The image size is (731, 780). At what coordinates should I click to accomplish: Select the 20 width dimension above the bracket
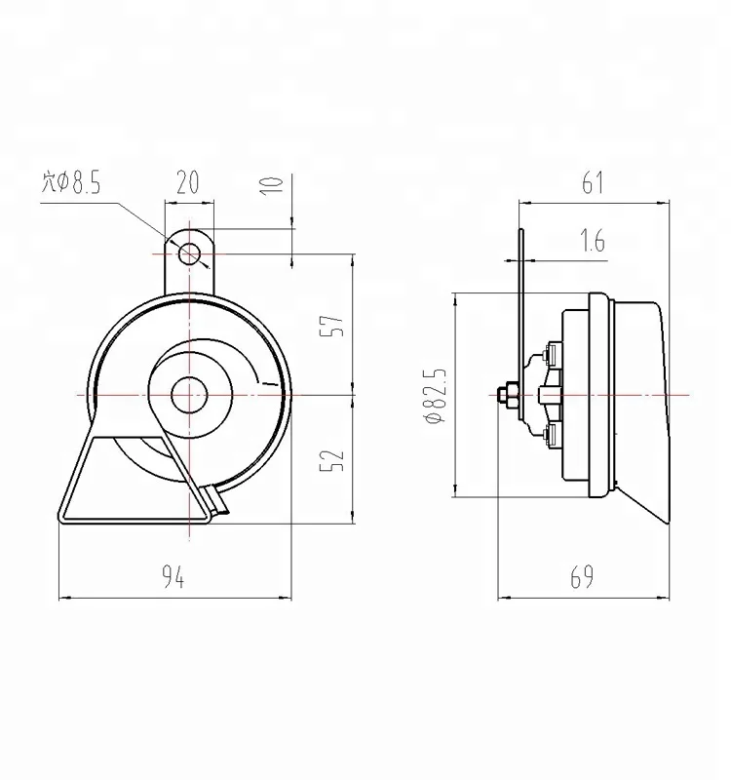[188, 182]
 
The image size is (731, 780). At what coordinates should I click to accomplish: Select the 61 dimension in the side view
[594, 182]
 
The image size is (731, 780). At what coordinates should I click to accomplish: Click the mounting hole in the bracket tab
[189, 253]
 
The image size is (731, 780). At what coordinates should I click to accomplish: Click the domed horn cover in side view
[638, 395]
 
